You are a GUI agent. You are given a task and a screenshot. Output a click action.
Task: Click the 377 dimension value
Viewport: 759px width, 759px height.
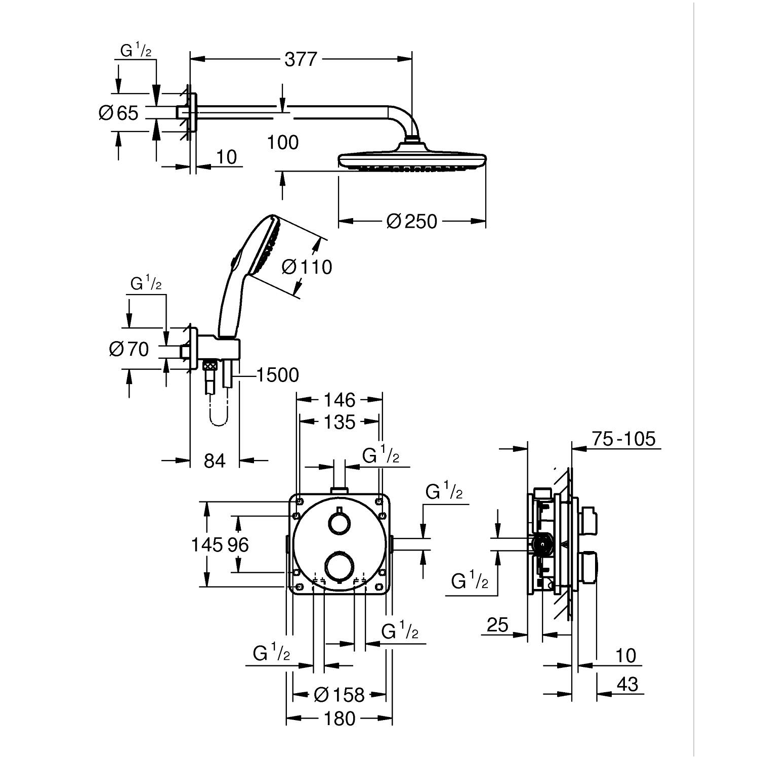point(301,60)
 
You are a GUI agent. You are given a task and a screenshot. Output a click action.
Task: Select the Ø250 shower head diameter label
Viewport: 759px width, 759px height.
point(411,221)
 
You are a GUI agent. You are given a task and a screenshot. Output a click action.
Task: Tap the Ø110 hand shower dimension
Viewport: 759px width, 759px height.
point(306,267)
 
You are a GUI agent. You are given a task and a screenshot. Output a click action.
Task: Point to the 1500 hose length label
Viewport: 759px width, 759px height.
point(277,375)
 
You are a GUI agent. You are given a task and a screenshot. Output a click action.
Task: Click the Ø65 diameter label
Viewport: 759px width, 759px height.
point(118,113)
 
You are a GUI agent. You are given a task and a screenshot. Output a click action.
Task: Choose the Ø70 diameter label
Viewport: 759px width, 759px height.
point(129,349)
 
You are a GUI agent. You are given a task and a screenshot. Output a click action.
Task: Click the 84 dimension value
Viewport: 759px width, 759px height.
point(215,460)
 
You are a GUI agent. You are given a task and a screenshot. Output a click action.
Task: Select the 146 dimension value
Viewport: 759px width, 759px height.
point(340,400)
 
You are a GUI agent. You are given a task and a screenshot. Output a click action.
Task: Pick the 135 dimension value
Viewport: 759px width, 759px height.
point(340,421)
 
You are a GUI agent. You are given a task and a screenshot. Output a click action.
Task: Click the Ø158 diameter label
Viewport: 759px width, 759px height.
point(339,695)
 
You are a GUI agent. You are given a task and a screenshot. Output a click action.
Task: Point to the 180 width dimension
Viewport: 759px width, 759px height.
point(340,719)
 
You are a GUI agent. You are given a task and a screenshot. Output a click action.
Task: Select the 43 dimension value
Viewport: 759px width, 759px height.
point(627,685)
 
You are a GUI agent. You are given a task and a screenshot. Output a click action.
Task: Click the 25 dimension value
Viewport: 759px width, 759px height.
point(497,625)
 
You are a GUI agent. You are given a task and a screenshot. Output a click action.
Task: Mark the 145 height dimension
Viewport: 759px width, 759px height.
point(206,545)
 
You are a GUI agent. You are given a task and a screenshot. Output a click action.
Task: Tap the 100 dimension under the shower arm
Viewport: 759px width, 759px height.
point(283,143)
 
